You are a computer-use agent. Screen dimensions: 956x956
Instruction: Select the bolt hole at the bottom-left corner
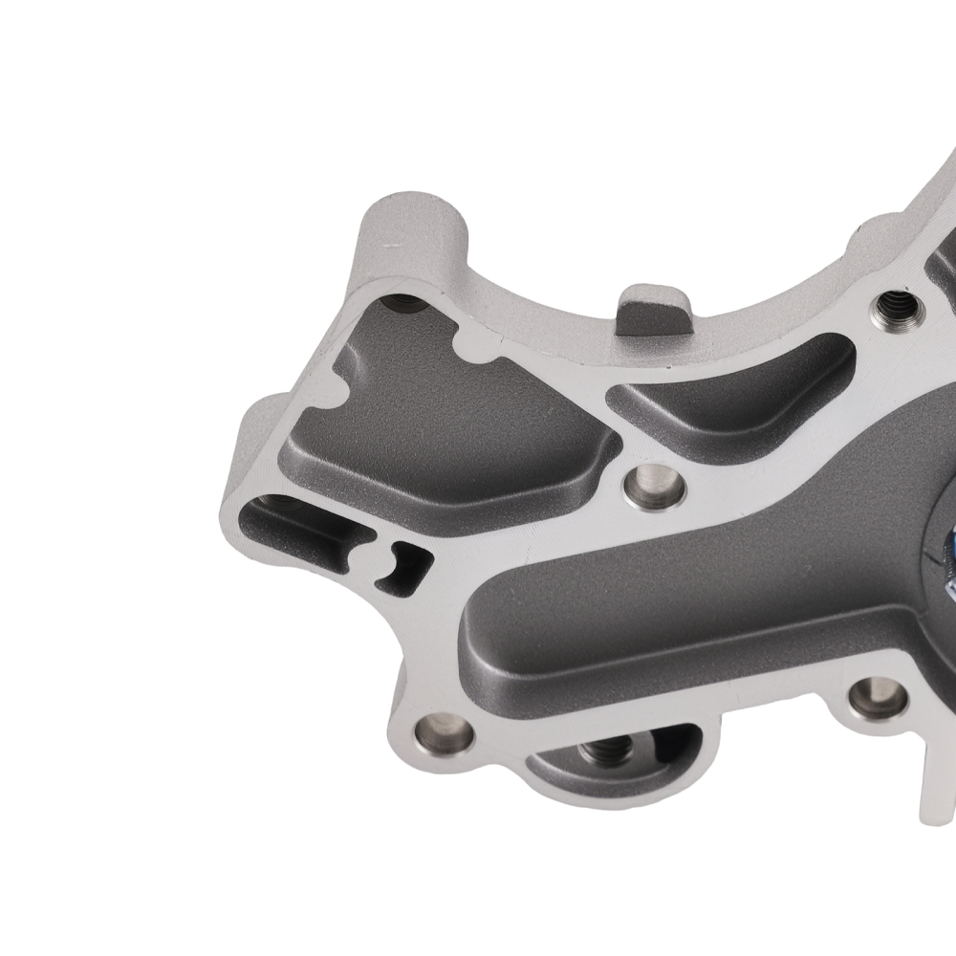[x=444, y=735]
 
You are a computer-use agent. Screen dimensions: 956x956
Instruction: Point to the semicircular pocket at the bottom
[x=612, y=765]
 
